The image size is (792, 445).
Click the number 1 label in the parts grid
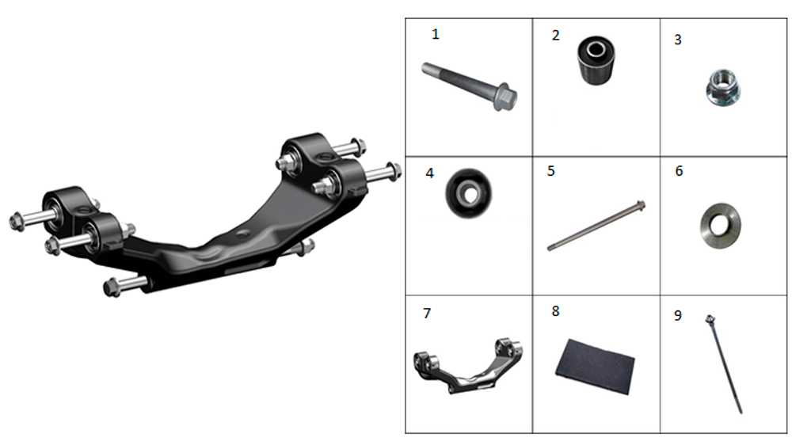coord(436,34)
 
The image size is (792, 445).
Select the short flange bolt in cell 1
coord(469,86)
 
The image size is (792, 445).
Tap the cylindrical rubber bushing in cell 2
coord(596,60)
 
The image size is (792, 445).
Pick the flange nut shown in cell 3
coord(723,87)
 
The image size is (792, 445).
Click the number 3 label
coord(678,40)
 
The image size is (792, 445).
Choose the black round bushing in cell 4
coord(469,193)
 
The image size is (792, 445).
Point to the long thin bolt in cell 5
coord(596,226)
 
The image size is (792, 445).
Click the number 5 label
coord(551,171)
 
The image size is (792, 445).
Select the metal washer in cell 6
coord(720,226)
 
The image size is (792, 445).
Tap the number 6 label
coord(679,171)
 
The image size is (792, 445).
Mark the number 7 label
coord(428,314)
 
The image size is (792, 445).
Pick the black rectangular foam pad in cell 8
coord(595,367)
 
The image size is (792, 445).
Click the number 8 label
coord(556,311)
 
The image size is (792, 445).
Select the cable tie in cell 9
coord(723,364)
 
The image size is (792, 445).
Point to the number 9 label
coord(678,316)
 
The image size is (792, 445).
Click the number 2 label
coord(556,36)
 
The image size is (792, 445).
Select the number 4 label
coord(429,173)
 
